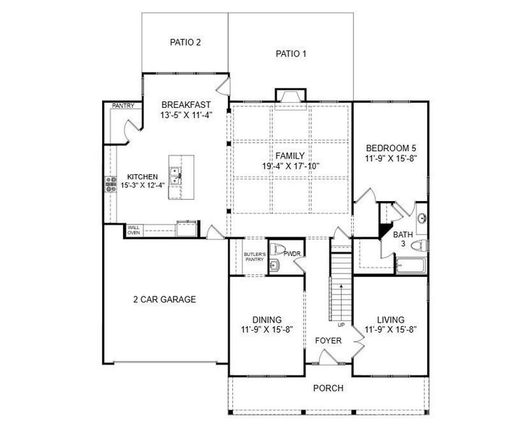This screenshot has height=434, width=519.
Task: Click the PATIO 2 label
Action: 185,42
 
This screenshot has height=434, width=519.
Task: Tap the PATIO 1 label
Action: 291,54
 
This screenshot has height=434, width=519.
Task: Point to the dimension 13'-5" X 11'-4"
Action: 185,115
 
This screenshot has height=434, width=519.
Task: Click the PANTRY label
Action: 122,106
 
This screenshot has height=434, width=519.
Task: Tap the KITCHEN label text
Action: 143,177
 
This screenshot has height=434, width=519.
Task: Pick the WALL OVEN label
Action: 134,230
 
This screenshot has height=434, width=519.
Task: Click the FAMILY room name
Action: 290,156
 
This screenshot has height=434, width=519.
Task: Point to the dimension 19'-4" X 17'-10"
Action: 290,166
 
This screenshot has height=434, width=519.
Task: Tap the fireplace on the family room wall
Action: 290,96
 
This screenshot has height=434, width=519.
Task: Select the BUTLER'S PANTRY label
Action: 254,257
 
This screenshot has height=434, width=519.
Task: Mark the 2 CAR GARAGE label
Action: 164,299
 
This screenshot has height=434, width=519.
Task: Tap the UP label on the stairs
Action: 340,324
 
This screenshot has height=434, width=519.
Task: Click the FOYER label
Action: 327,340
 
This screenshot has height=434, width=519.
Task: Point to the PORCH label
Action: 328,388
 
